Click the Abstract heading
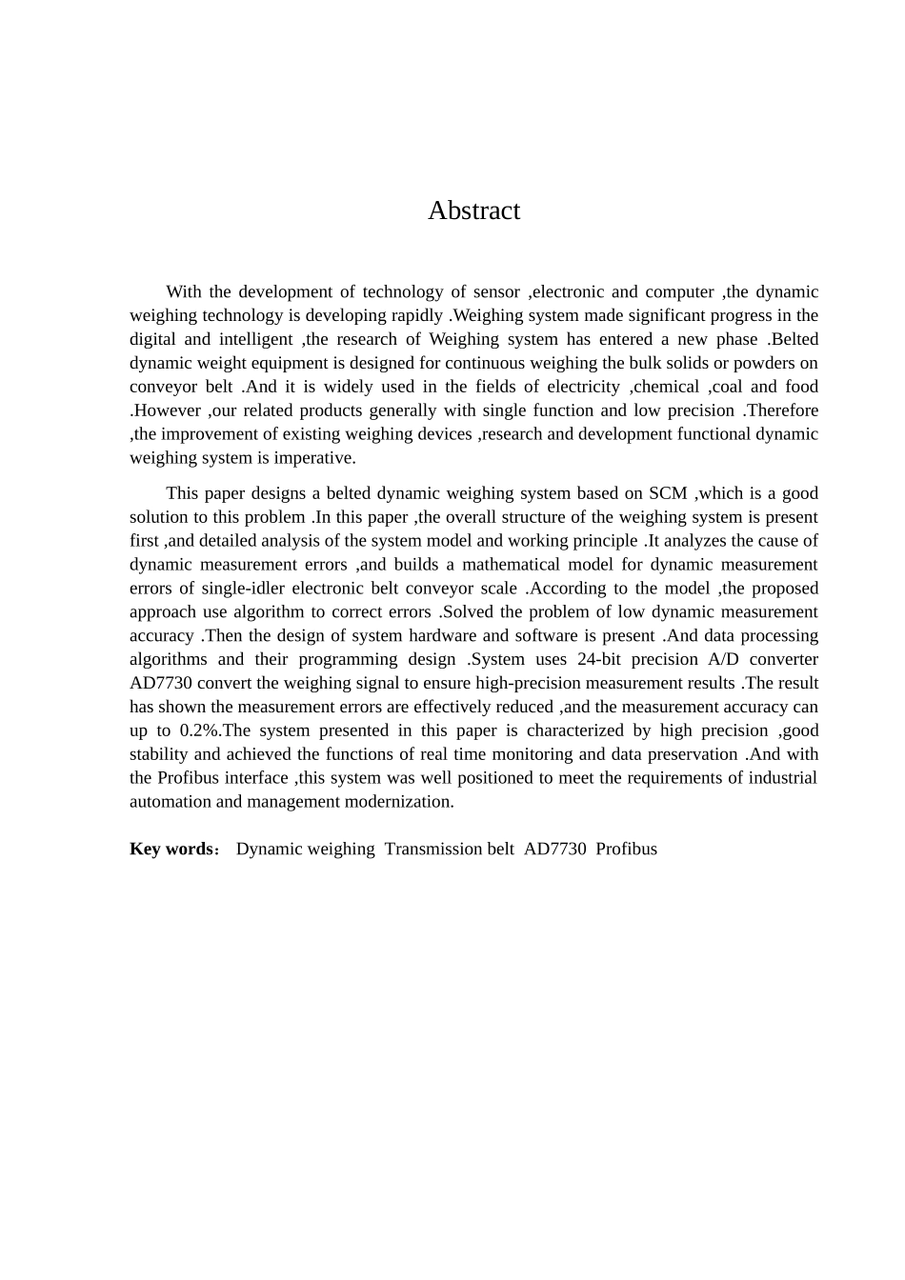[473, 210]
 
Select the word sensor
[496, 291]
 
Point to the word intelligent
[256, 339]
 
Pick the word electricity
[583, 387]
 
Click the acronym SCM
[668, 493]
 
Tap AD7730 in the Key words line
[554, 850]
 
